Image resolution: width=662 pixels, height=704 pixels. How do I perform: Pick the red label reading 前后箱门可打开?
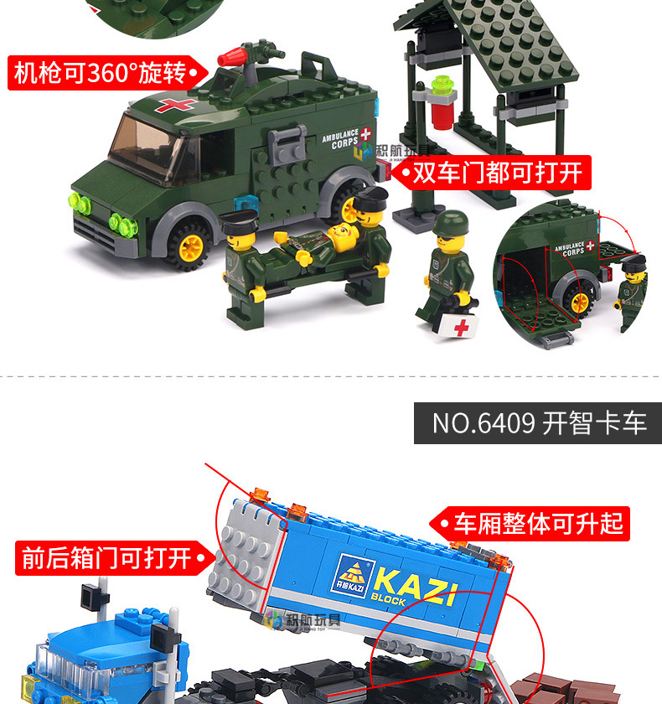click(x=110, y=557)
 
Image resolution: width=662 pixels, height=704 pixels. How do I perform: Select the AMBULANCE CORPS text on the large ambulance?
click(x=340, y=138)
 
